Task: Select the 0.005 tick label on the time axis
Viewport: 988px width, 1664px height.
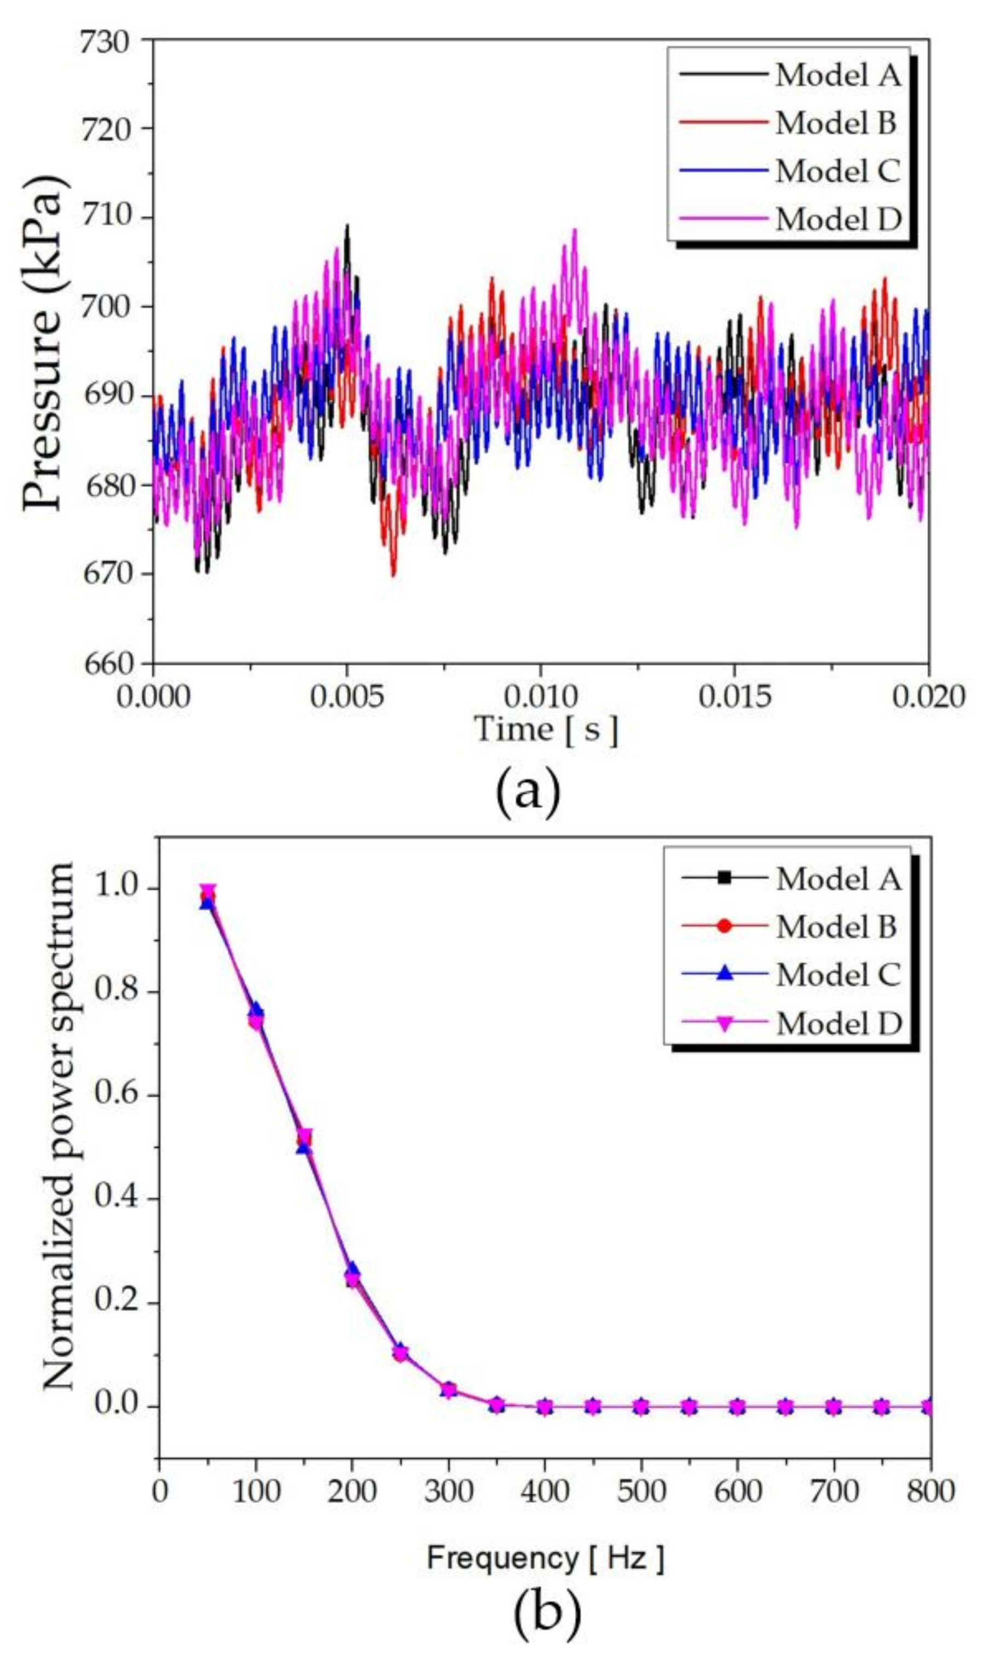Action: (x=346, y=697)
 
